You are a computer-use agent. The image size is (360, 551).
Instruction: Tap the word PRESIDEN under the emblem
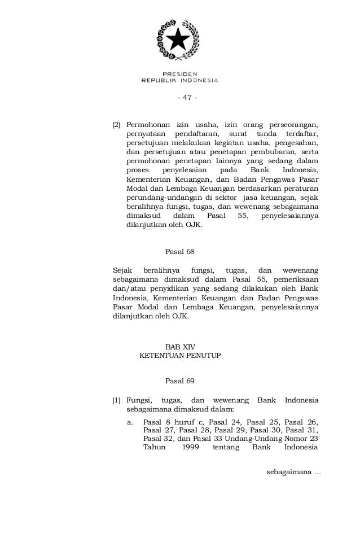click(x=179, y=74)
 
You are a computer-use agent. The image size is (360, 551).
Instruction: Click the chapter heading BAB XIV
click(x=180, y=346)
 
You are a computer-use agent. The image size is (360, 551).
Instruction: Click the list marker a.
click(x=130, y=421)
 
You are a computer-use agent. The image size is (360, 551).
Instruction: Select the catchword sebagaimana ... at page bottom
click(x=293, y=471)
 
